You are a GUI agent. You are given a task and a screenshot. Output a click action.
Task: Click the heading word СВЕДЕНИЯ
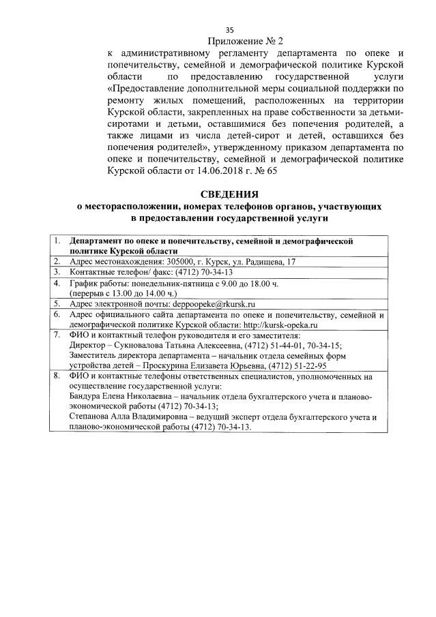(230, 194)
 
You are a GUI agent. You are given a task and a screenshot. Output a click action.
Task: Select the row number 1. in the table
(58, 241)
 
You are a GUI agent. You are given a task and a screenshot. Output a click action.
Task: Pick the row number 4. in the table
(58, 282)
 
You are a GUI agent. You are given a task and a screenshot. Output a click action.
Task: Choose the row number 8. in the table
(58, 375)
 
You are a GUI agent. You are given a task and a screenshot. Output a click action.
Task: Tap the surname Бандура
(87, 396)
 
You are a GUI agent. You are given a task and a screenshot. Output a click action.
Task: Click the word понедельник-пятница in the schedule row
(159, 282)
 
